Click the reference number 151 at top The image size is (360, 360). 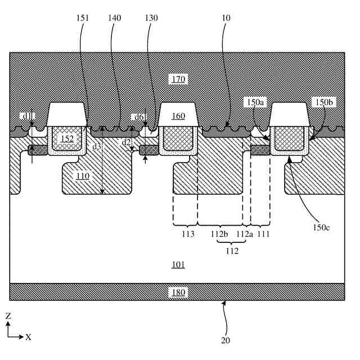click(82, 18)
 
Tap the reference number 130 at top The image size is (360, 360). click(150, 18)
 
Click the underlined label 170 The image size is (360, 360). click(179, 79)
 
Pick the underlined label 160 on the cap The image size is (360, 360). click(179, 116)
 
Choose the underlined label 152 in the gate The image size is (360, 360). click(67, 138)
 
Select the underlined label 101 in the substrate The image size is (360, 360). click(178, 264)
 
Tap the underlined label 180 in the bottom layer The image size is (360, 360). click(178, 292)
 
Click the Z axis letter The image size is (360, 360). click(8, 317)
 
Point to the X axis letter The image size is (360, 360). click(28, 337)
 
